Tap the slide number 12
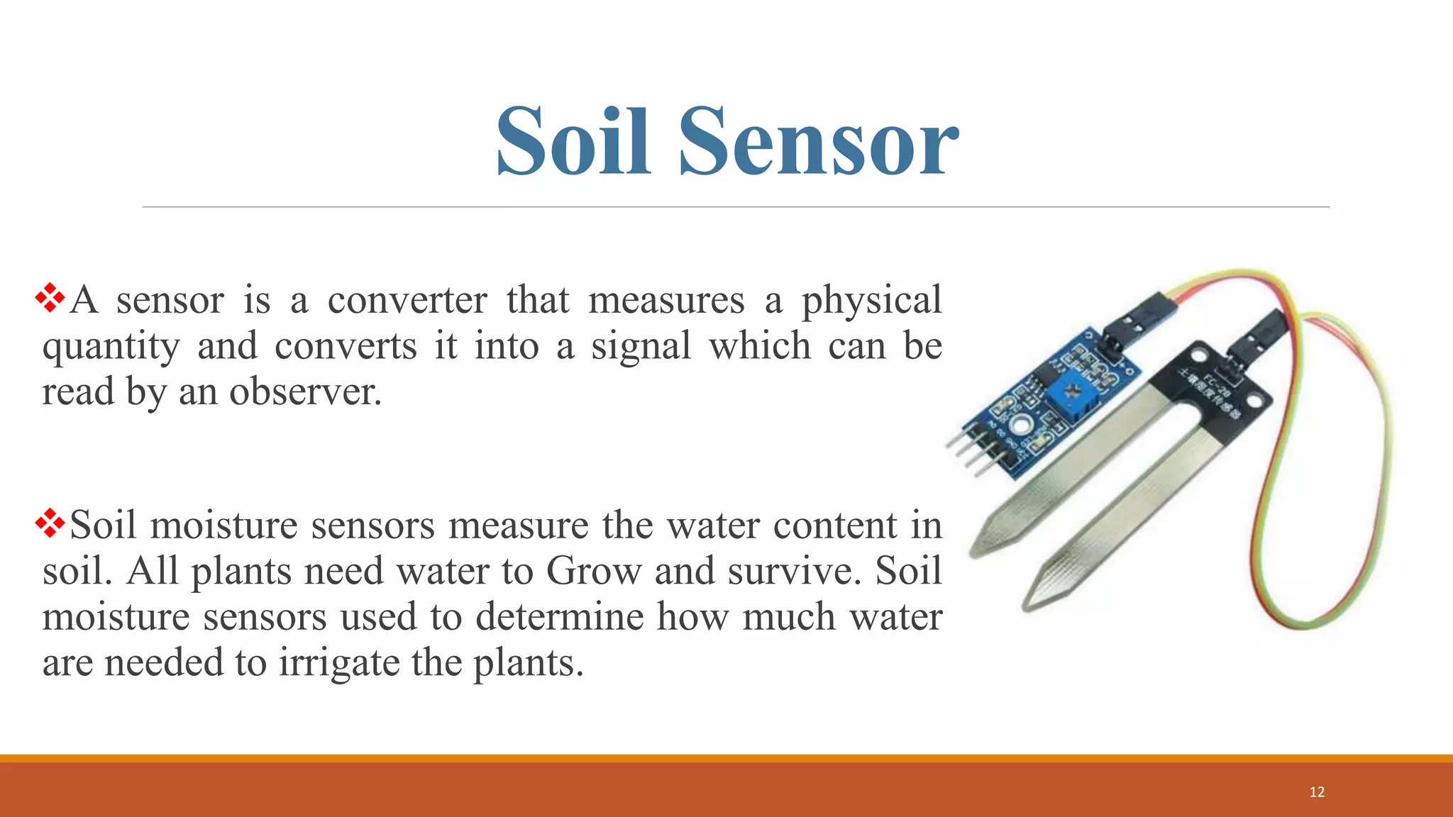(1317, 792)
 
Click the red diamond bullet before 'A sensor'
(50, 298)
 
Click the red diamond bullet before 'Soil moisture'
(50, 523)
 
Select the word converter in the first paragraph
(407, 300)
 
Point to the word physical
(871, 301)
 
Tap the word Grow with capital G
(593, 571)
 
